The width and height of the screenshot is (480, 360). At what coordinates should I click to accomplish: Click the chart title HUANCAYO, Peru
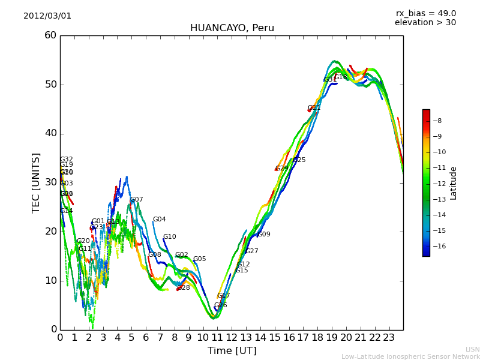[x=232, y=28]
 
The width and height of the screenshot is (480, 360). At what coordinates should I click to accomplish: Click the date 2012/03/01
[x=47, y=16]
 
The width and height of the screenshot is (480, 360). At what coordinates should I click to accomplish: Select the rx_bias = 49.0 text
[x=425, y=14]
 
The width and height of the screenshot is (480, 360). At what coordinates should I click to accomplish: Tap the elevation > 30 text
[x=425, y=23]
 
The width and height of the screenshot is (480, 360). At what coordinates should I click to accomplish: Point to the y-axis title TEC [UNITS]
[x=37, y=182]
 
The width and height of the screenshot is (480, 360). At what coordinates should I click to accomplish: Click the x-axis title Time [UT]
[x=232, y=350]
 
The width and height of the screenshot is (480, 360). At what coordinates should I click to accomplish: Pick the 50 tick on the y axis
[x=50, y=85]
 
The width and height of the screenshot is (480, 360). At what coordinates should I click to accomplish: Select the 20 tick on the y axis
[x=50, y=232]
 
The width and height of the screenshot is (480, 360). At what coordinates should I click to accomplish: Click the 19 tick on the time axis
[x=332, y=337]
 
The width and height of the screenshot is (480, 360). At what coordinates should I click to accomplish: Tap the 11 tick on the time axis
[x=217, y=337]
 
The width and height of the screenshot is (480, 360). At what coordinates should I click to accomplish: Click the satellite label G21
[x=314, y=108]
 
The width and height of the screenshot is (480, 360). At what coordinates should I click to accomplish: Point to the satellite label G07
[x=137, y=200]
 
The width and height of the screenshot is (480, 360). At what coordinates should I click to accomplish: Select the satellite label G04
[x=159, y=220]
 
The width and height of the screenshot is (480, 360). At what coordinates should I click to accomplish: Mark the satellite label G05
[x=199, y=259]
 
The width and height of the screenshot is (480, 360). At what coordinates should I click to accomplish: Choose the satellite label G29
[x=282, y=169]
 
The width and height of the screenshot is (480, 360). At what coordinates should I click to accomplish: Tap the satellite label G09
[x=264, y=235]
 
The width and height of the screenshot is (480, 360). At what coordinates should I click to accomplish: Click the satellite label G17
[x=224, y=296]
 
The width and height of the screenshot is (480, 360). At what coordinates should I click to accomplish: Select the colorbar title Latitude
[x=454, y=183]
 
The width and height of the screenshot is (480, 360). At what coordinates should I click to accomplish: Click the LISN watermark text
[x=472, y=349]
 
